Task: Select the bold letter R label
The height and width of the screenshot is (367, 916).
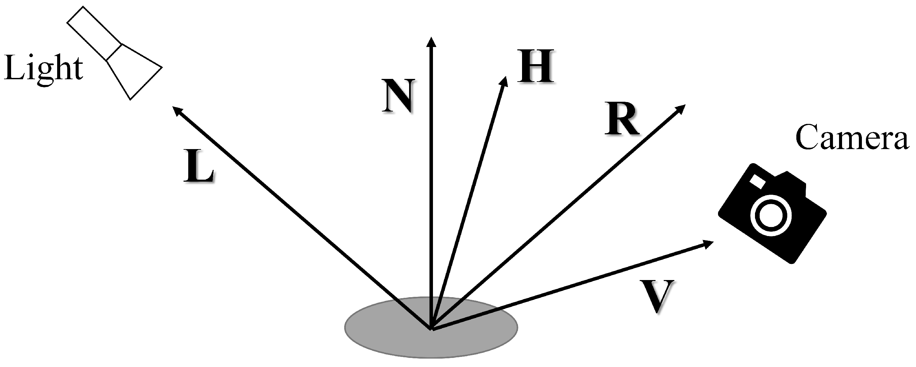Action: (x=622, y=120)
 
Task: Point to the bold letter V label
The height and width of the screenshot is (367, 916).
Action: (x=657, y=296)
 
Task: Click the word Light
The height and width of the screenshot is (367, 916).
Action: (x=43, y=69)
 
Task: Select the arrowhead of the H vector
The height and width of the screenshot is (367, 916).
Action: (x=504, y=82)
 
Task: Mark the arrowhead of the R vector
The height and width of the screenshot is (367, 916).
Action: (x=680, y=109)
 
